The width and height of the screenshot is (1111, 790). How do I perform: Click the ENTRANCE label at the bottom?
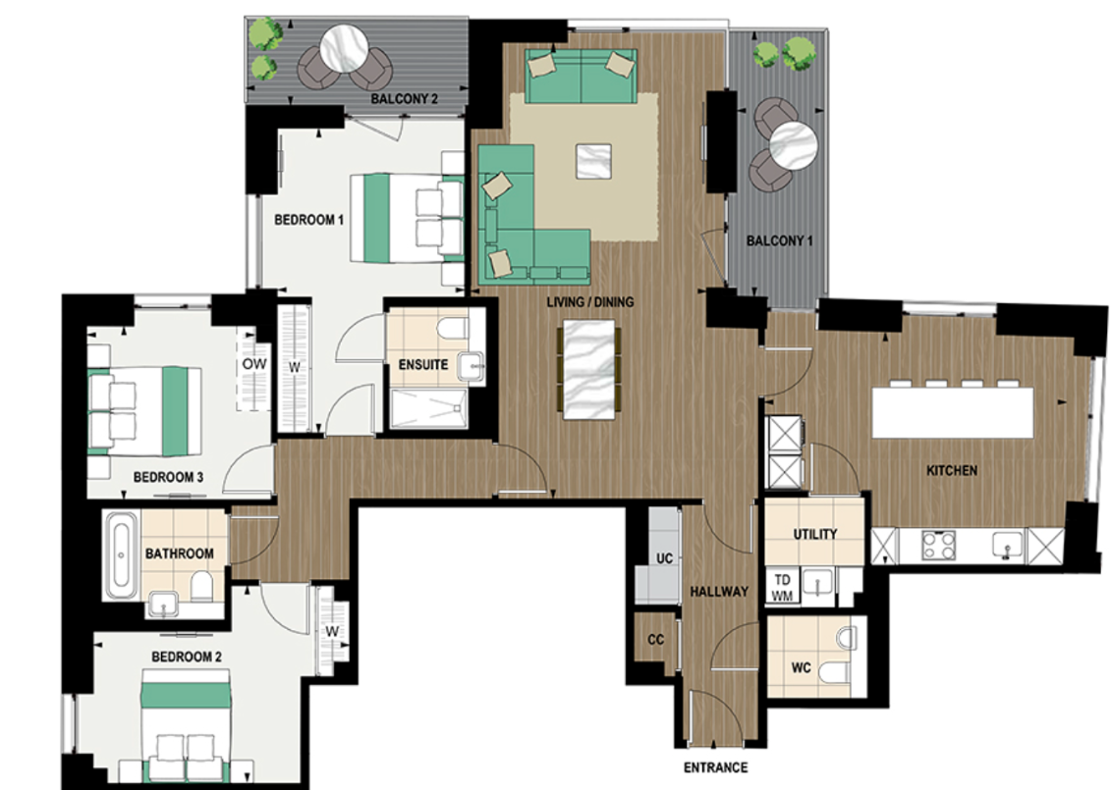[x=715, y=767]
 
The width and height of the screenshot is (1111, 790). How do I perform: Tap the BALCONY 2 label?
[x=404, y=99]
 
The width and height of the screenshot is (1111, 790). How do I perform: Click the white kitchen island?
[x=953, y=411]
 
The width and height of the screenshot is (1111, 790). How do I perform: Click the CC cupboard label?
[x=656, y=640]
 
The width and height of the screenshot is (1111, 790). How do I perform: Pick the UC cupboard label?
[x=664, y=558]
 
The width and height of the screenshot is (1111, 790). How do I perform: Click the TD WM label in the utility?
[x=783, y=587]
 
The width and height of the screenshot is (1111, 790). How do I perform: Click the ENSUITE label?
[x=423, y=364]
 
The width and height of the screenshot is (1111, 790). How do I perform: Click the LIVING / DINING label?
[x=590, y=302]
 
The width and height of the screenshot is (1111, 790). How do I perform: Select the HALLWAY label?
[x=719, y=592]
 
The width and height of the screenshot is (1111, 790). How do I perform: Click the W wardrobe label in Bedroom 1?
[x=294, y=368]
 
